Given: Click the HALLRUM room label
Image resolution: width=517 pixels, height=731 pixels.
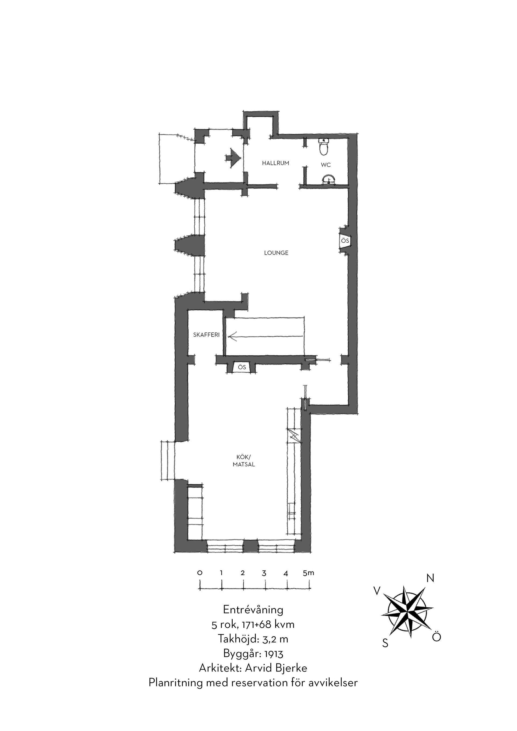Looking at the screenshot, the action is point(275,163).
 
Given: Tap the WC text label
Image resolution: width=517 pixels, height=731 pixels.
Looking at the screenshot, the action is point(326,165).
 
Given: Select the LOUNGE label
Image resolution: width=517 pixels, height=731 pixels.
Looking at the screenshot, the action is point(276,253).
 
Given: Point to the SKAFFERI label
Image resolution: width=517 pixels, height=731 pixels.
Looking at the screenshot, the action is point(206,335).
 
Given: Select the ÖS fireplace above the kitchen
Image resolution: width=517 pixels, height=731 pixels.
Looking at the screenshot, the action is point(242,367).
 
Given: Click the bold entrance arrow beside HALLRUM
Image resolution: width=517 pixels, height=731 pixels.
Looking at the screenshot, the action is point(232,158).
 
